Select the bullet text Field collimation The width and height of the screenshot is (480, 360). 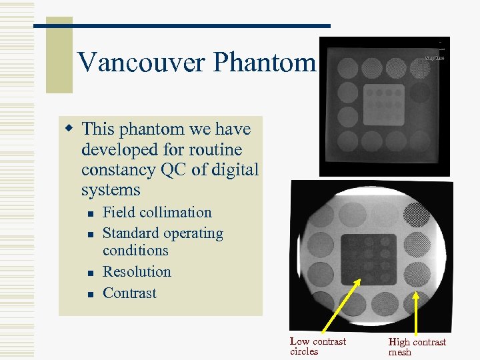[x=157, y=213]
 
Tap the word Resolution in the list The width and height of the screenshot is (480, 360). [x=137, y=272]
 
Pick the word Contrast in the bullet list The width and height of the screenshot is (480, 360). [x=129, y=293]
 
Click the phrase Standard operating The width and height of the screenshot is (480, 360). [x=163, y=233]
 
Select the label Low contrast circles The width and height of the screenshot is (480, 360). [x=317, y=346]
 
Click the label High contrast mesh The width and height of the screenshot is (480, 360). [x=417, y=347]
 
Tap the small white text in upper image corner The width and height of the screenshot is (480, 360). [x=435, y=58]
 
